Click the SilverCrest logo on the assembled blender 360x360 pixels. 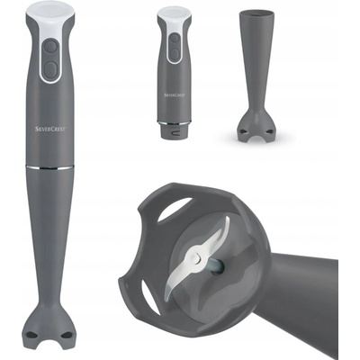click(x=49, y=129)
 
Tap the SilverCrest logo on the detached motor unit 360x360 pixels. click(x=175, y=95)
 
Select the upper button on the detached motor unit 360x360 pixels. click(x=175, y=39)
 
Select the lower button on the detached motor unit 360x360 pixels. click(x=175, y=54)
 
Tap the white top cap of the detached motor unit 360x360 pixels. click(x=174, y=13)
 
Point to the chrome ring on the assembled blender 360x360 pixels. click(x=49, y=167)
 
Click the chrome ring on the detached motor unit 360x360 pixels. click(x=175, y=122)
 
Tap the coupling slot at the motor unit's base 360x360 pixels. click(x=175, y=131)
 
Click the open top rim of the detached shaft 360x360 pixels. click(x=256, y=13)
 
